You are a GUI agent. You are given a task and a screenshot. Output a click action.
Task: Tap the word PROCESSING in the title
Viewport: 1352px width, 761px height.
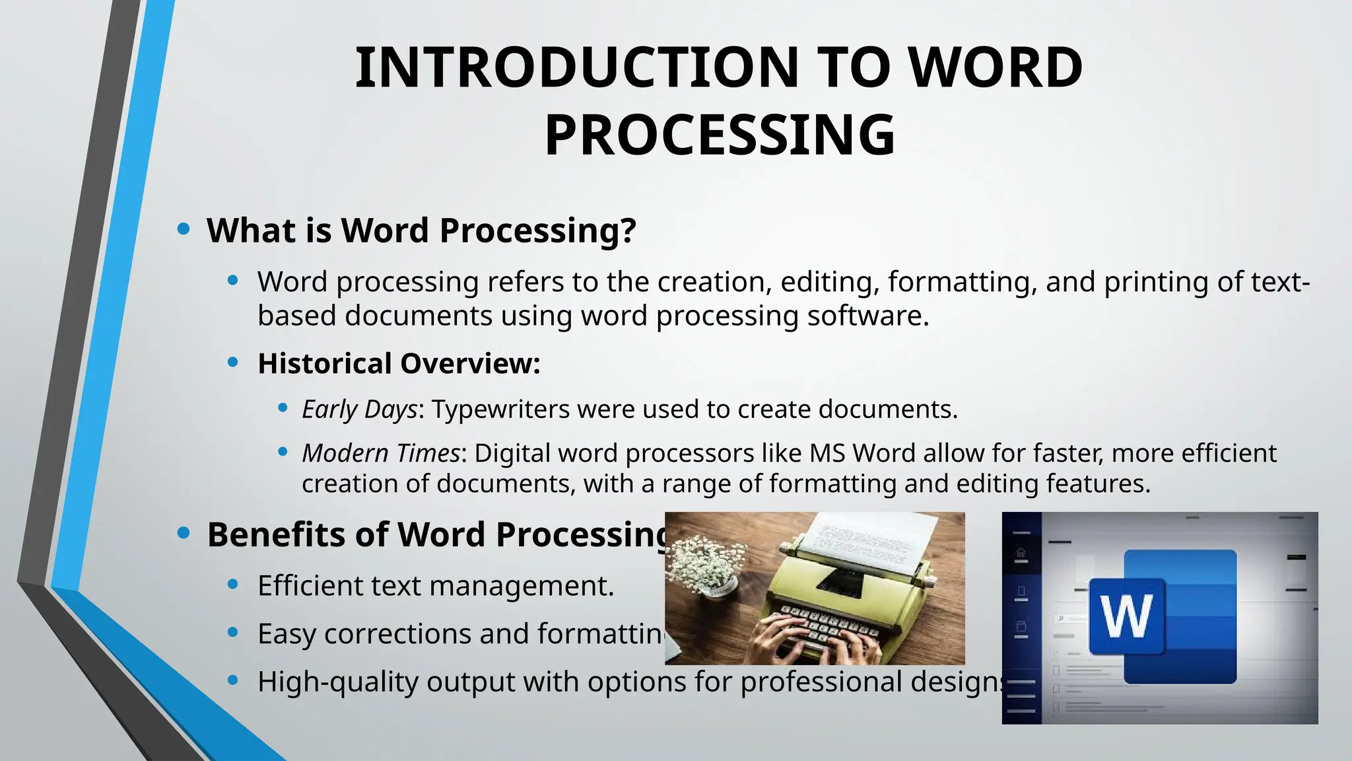click(720, 135)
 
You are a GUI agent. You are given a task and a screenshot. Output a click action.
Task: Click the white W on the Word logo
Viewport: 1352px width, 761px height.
click(1127, 616)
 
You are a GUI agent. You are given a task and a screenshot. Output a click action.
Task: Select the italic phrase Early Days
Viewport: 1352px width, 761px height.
click(360, 410)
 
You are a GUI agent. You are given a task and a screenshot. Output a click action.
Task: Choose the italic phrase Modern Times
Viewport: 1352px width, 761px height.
click(380, 453)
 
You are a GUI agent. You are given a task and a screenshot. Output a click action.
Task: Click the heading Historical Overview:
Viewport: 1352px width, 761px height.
click(399, 363)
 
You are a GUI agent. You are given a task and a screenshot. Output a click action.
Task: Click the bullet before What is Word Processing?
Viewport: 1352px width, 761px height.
click(184, 229)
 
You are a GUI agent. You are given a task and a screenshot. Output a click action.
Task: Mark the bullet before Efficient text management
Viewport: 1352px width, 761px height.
click(232, 584)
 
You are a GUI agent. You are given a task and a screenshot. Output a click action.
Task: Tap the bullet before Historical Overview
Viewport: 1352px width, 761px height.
click(232, 362)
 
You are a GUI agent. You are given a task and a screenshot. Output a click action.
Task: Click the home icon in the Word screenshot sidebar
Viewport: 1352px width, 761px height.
click(1021, 552)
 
